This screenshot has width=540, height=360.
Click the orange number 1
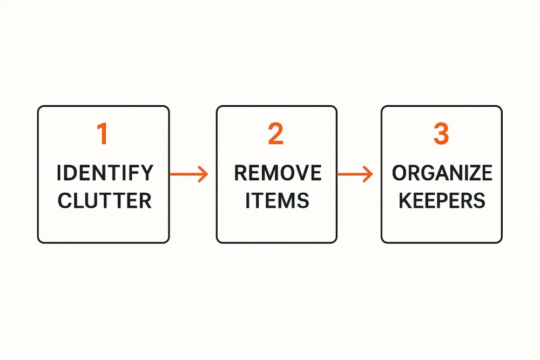click(102, 133)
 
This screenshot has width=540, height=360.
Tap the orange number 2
click(276, 133)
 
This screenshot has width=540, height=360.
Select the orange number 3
click(441, 133)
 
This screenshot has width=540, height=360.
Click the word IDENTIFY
click(105, 173)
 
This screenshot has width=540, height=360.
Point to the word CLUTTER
click(104, 201)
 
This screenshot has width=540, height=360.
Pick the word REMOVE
click(278, 173)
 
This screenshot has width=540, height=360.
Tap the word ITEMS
click(277, 201)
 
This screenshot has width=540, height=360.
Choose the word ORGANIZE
click(442, 173)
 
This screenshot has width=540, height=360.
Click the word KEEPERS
click(442, 201)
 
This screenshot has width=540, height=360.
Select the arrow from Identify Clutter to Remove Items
click(188, 174)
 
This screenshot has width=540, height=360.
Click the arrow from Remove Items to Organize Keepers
click(355, 174)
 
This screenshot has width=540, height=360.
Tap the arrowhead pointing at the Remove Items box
click(203, 174)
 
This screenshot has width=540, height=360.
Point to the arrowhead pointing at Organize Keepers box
click(368, 174)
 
